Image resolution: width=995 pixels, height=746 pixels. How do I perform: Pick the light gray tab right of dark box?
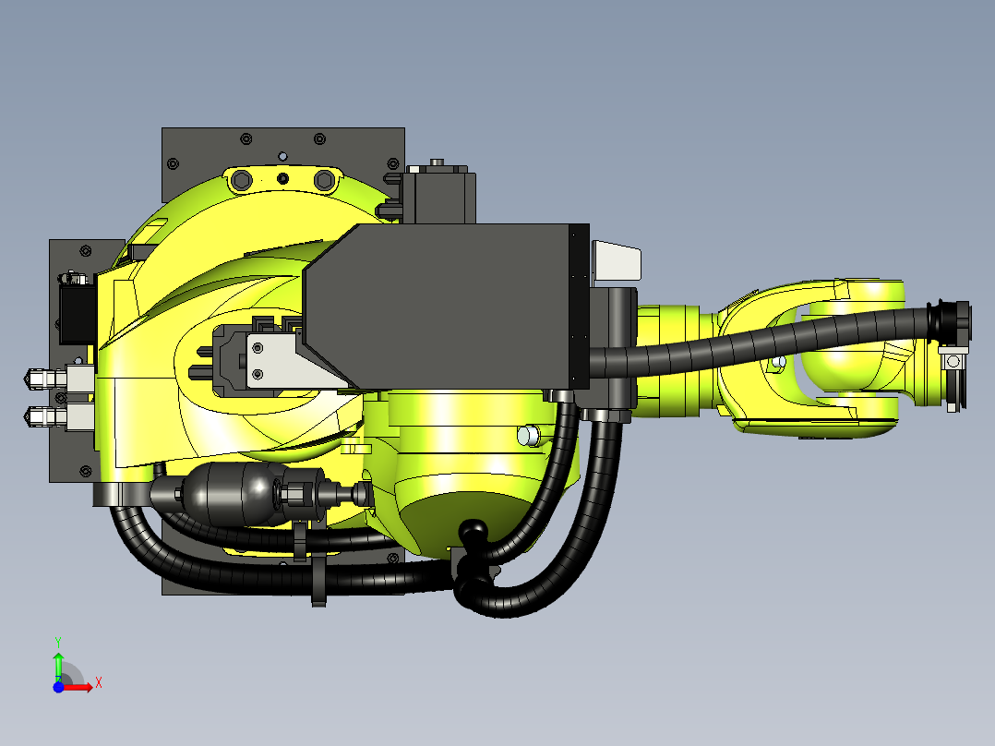[615, 260]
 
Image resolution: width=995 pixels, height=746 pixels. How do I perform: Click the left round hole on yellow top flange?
[242, 178]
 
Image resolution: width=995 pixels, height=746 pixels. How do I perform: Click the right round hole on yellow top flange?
[323, 178]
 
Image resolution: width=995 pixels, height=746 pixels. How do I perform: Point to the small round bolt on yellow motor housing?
[528, 435]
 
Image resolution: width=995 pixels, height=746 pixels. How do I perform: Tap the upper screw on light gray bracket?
[258, 348]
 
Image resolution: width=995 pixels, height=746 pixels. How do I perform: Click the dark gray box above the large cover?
[439, 195]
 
